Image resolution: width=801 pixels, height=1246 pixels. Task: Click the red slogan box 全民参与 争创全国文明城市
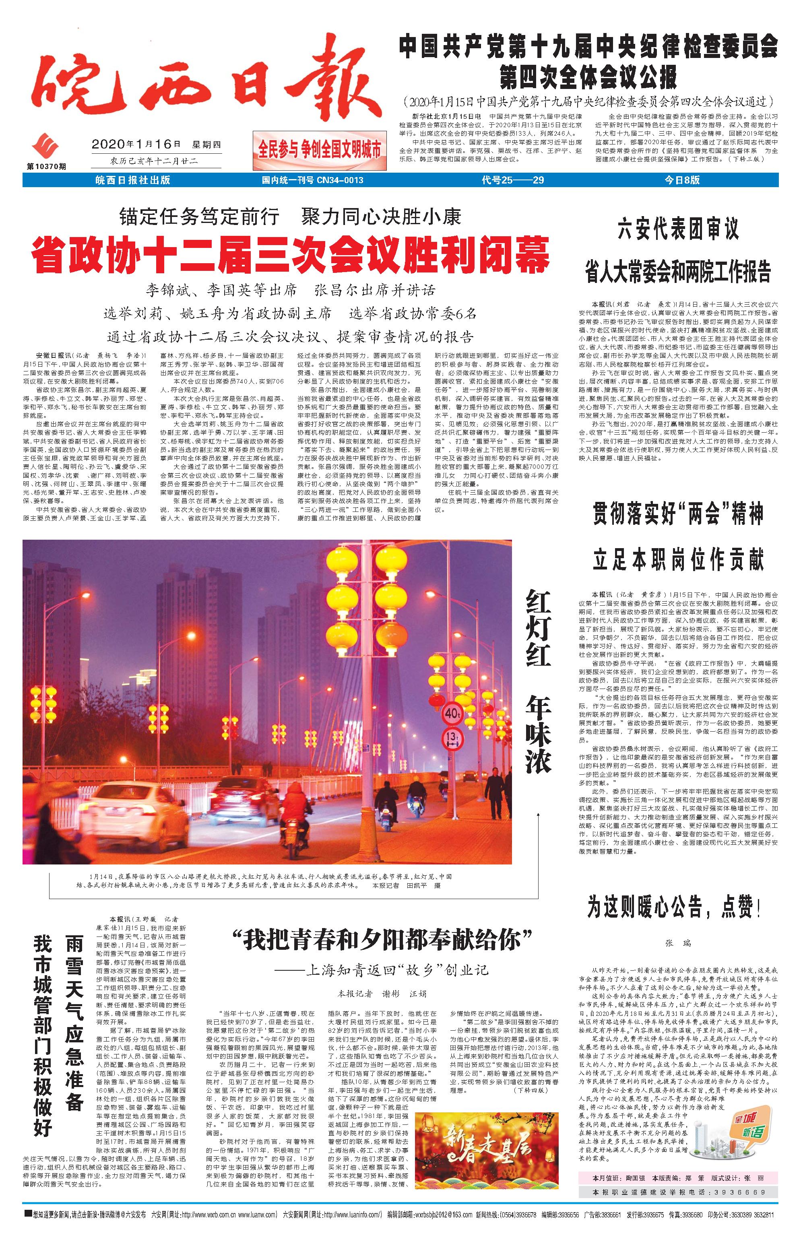[319, 150]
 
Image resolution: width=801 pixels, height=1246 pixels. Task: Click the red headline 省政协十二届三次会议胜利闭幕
[290, 254]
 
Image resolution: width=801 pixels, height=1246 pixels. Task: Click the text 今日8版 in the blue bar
[682, 180]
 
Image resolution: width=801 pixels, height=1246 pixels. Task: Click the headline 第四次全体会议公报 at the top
[588, 77]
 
